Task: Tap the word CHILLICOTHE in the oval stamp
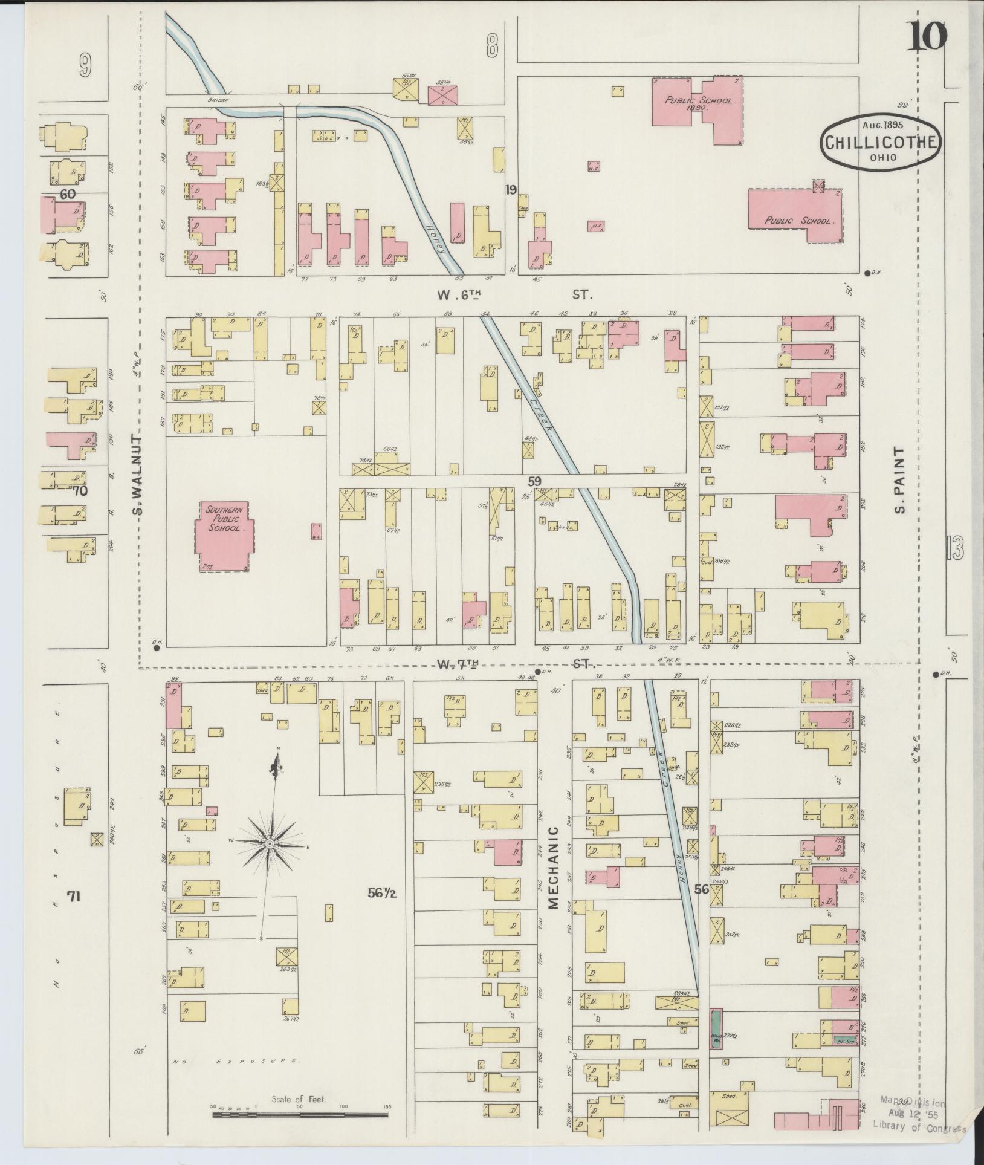[x=879, y=143]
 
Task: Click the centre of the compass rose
[x=270, y=842]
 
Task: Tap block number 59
[x=534, y=481]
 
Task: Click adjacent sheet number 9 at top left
[x=85, y=65]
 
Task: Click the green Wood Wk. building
[x=716, y=1028]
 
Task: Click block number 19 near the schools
[x=511, y=190]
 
